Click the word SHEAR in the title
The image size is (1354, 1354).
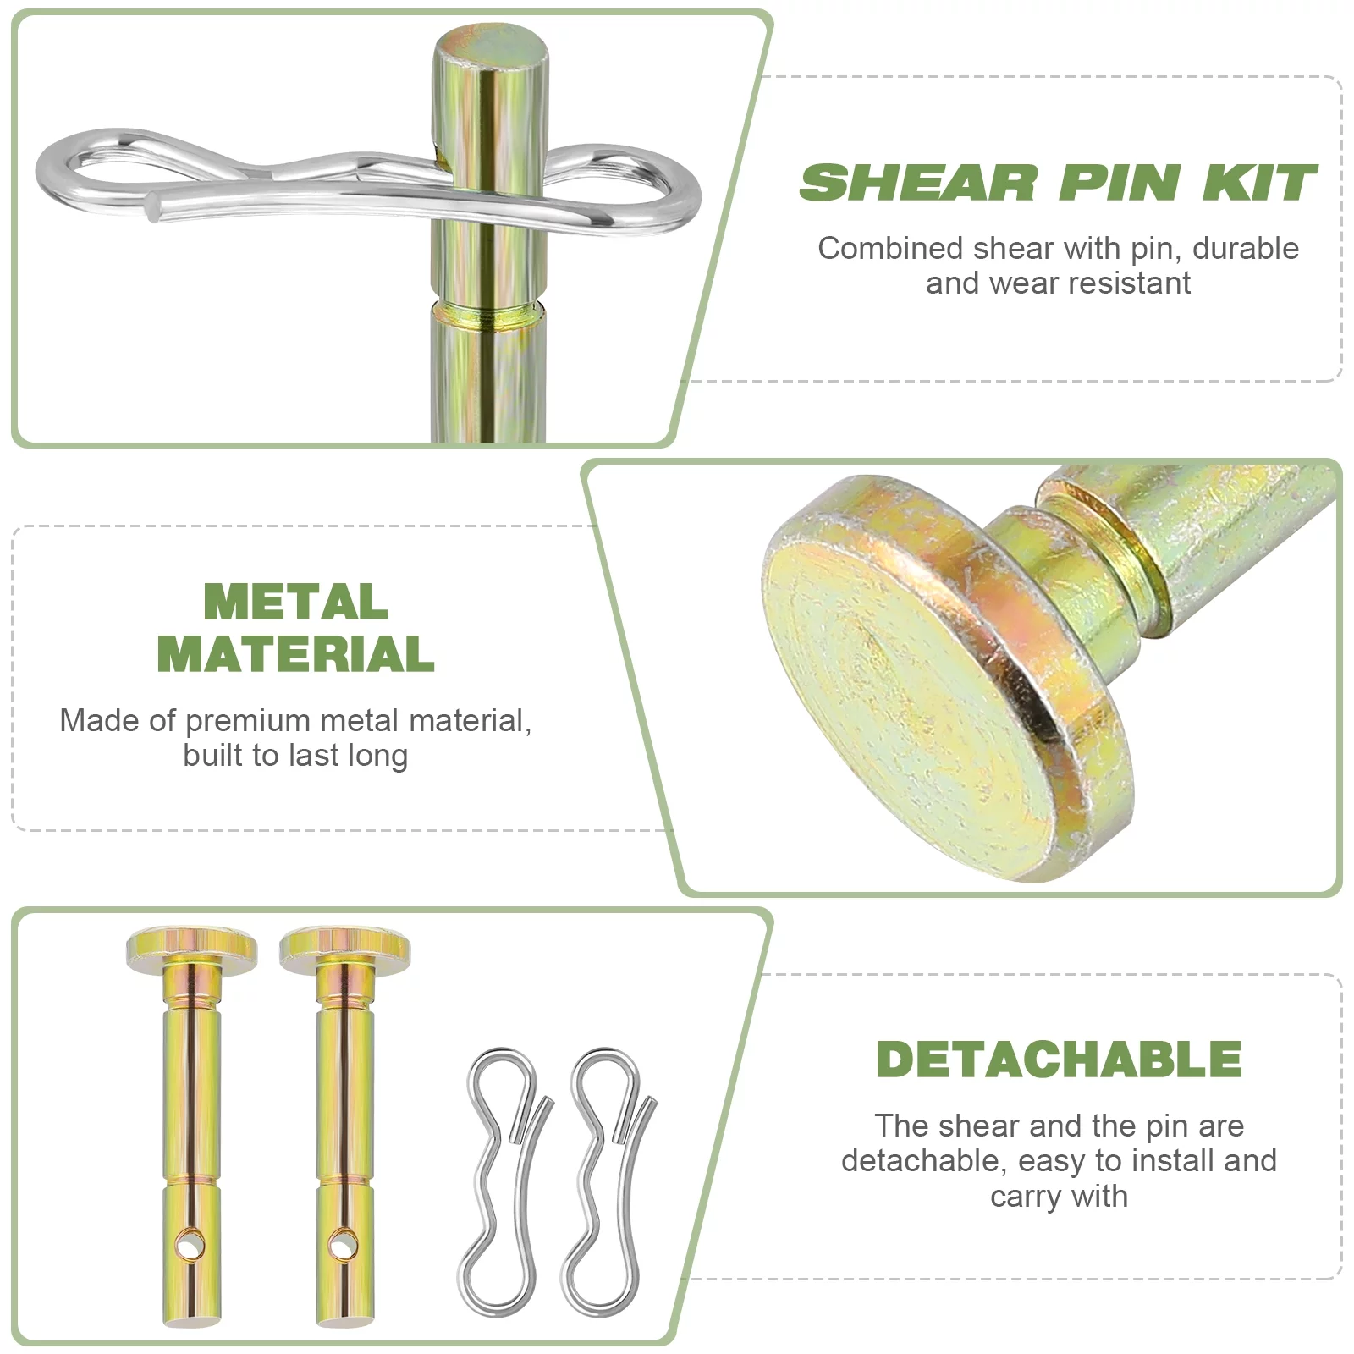coord(917,184)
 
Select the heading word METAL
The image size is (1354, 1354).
coord(295,602)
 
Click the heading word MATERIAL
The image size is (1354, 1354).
coord(295,654)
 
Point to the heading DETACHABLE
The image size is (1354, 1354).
coord(1059,1060)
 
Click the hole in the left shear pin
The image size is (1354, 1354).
coord(190,1245)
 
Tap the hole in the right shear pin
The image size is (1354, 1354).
coord(343,1245)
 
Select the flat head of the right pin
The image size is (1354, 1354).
coord(345,947)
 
